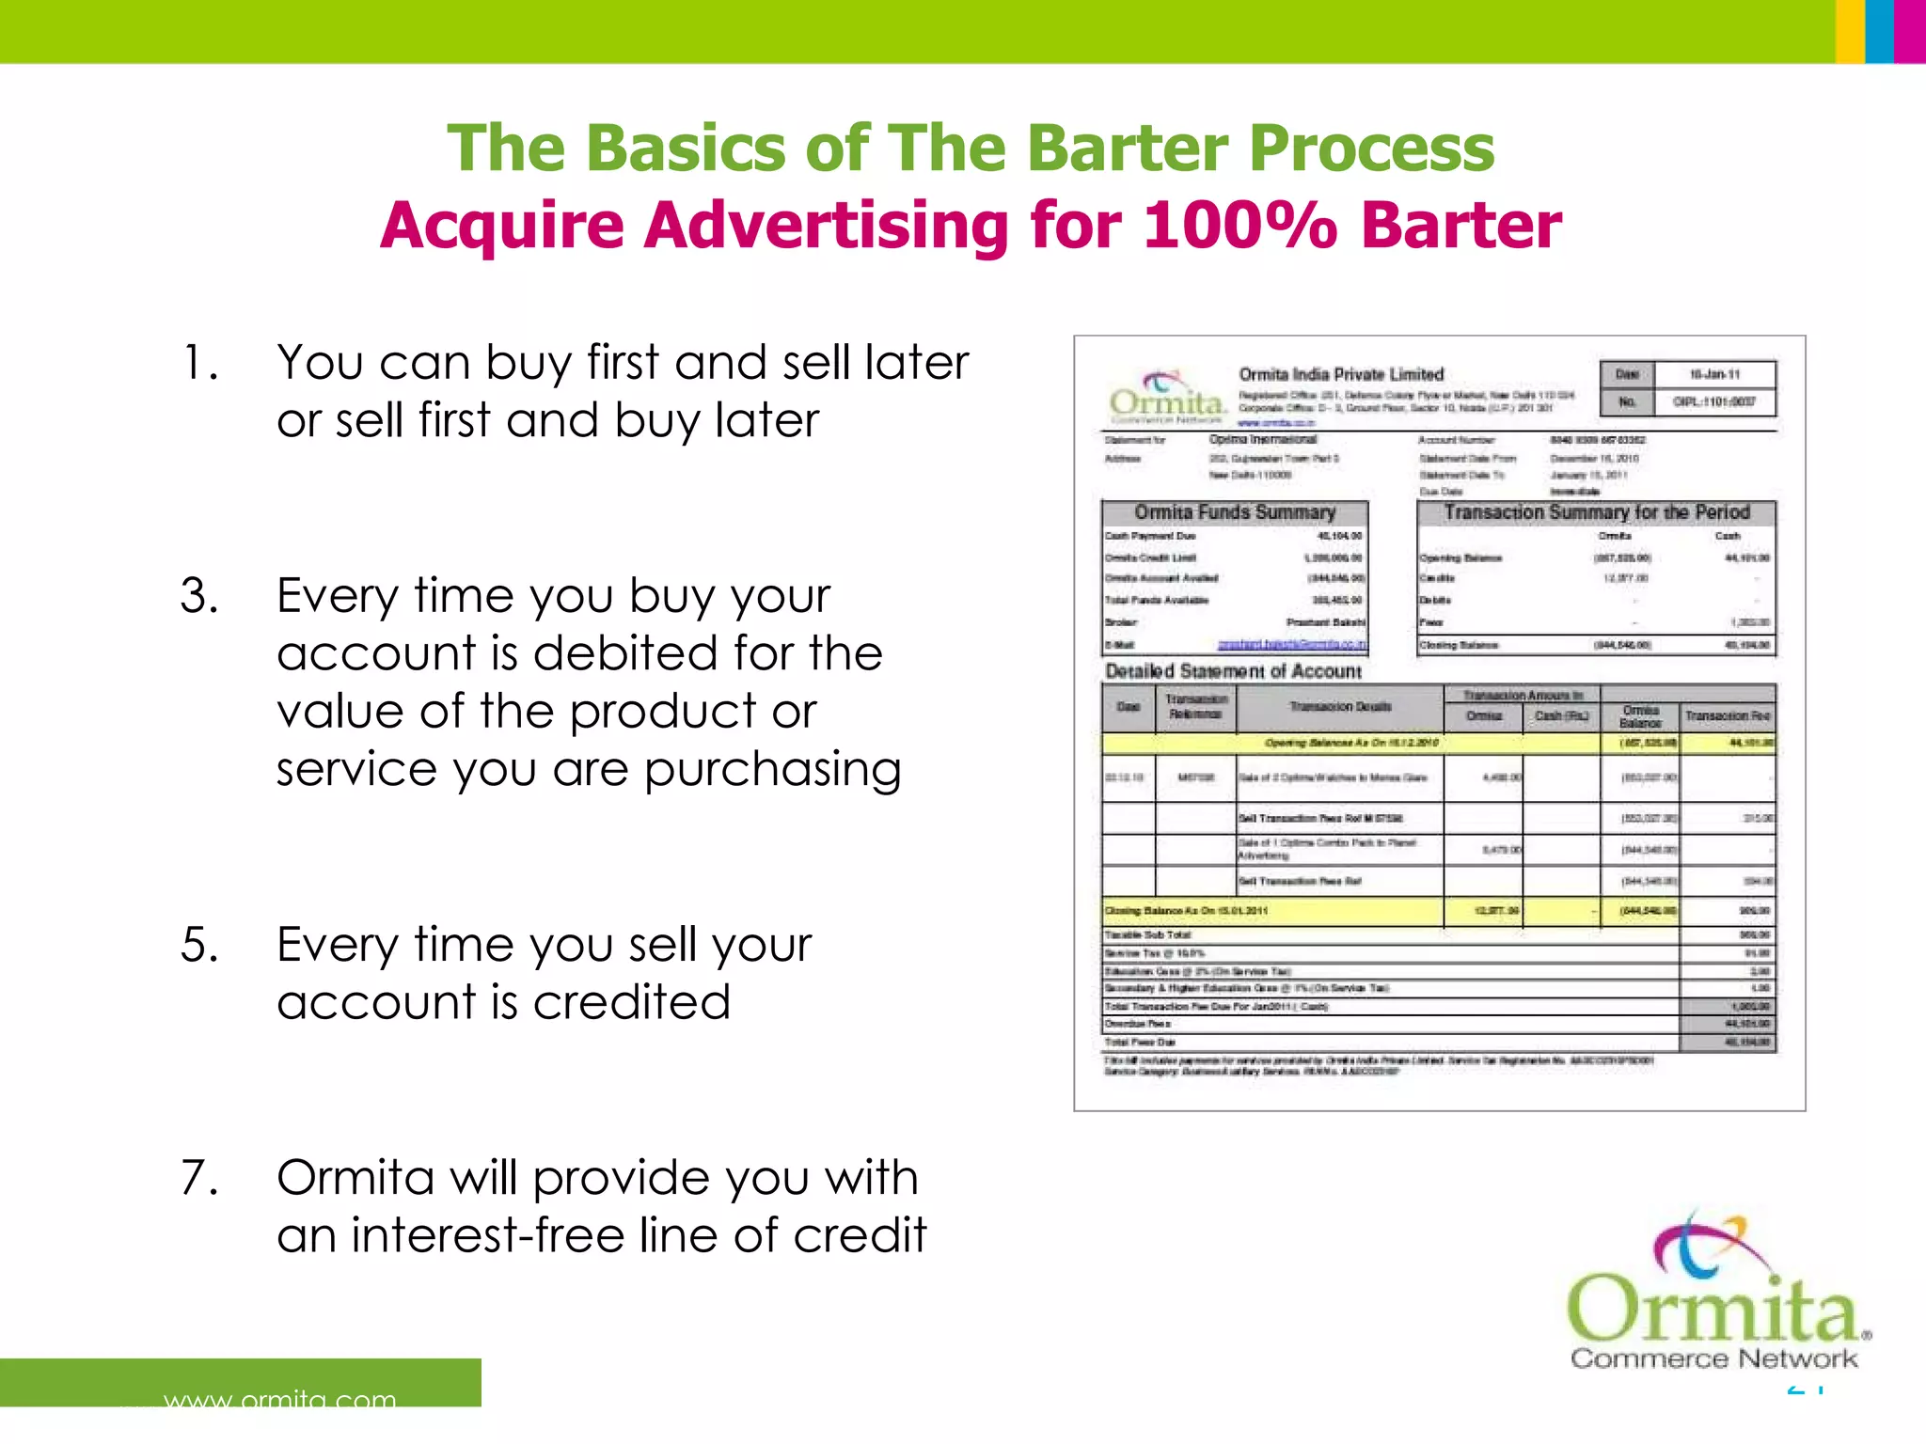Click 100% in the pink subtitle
[1239, 226]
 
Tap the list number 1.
[198, 363]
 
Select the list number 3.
[198, 596]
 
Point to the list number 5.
[198, 945]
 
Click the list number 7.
[198, 1178]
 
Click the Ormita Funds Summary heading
[1235, 512]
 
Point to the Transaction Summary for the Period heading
[1596, 512]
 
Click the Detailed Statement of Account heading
[1233, 671]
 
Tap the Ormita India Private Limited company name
[1340, 374]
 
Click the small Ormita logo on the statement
[1167, 398]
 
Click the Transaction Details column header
[1339, 707]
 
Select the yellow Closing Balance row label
[1187, 911]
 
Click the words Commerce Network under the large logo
[1713, 1358]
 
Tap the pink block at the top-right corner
[1910, 31]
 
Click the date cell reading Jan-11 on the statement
[1713, 374]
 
